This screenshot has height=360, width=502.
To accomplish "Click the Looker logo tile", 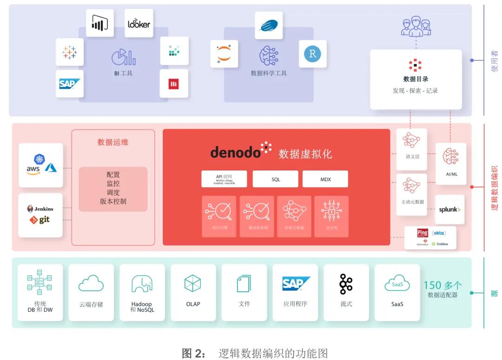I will tap(139, 23).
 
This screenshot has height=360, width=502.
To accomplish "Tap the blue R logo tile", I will tap(312, 54).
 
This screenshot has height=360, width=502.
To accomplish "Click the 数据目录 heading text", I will tap(416, 79).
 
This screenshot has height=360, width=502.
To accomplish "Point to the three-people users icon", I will tap(416, 26).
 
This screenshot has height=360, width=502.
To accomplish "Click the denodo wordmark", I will tap(236, 151).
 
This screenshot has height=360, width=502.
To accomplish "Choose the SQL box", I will tap(276, 179).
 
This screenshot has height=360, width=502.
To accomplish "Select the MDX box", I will tap(325, 179).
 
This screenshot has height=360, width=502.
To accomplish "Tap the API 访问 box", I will tap(224, 179).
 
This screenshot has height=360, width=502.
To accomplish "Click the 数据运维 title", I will tap(113, 142).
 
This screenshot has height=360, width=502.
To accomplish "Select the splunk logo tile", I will tap(449, 209).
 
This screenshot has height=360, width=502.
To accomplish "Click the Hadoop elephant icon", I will tap(142, 283).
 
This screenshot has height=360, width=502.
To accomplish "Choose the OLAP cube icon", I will tap(193, 283).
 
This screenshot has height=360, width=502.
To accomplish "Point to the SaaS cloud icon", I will tap(397, 283).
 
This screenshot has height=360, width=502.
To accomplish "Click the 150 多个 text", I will tap(443, 285).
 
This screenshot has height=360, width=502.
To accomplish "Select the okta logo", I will tap(439, 233).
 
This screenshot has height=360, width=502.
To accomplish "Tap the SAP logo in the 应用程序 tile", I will tap(295, 283).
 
